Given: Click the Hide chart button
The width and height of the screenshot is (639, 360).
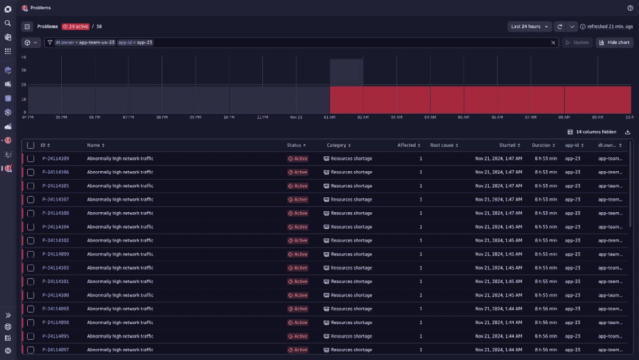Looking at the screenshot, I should tap(614, 43).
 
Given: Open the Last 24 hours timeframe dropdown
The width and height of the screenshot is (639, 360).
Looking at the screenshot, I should tap(529, 27).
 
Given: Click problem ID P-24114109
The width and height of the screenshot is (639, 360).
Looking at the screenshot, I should tap(55, 158).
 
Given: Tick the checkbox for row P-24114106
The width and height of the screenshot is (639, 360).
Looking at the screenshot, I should tap(30, 172).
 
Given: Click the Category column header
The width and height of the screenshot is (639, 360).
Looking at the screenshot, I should tap(338, 145).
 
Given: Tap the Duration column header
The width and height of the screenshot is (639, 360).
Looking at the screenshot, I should tap(543, 145).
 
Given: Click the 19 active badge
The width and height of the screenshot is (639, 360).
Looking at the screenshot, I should tap(76, 27).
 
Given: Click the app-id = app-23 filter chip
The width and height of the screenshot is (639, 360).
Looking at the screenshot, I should tap(135, 43).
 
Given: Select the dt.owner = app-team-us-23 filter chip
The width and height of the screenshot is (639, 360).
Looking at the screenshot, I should tap(85, 43).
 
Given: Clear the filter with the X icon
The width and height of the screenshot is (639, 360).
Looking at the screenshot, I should tap(553, 43).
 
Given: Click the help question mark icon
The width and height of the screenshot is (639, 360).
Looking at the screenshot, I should tap(630, 8).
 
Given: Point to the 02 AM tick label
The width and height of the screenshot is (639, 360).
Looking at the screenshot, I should tap(363, 117).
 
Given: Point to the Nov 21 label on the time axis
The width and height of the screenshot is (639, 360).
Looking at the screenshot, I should tap(296, 117).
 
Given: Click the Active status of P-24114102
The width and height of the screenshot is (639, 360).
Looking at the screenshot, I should tap(297, 241).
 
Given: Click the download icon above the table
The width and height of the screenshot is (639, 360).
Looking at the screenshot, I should tap(628, 132).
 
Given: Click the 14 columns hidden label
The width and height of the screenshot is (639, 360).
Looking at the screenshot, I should tap(595, 132).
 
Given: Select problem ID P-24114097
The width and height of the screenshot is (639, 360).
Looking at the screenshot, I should tap(55, 350).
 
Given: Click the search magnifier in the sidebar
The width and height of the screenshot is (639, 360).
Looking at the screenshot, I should tap(8, 23).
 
